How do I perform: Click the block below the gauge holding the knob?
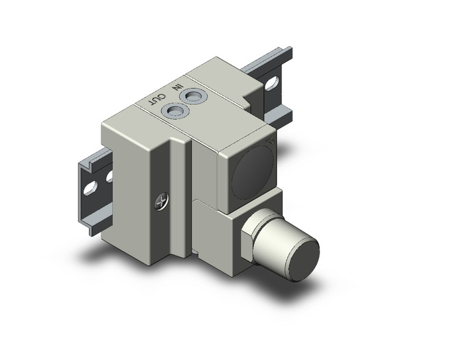[x=215, y=227]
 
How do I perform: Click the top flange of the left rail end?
[x=86, y=163]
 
